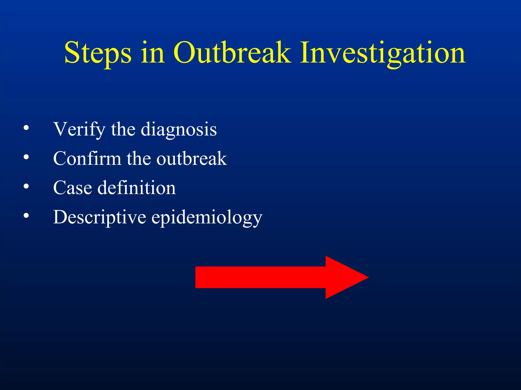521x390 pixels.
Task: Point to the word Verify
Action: click(x=79, y=129)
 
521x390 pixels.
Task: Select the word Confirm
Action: click(x=87, y=158)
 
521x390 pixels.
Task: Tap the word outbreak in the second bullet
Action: click(x=191, y=158)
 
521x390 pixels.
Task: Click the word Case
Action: click(x=73, y=188)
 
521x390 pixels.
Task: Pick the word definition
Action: click(x=137, y=188)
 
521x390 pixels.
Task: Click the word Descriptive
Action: click(x=99, y=217)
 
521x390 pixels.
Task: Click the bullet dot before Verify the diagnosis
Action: click(x=26, y=128)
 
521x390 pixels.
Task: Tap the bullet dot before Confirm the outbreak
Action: click(x=26, y=157)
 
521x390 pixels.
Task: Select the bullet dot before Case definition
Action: click(x=26, y=186)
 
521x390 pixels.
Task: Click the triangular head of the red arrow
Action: click(x=343, y=277)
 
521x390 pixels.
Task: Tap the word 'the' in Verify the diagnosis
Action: click(x=123, y=129)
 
